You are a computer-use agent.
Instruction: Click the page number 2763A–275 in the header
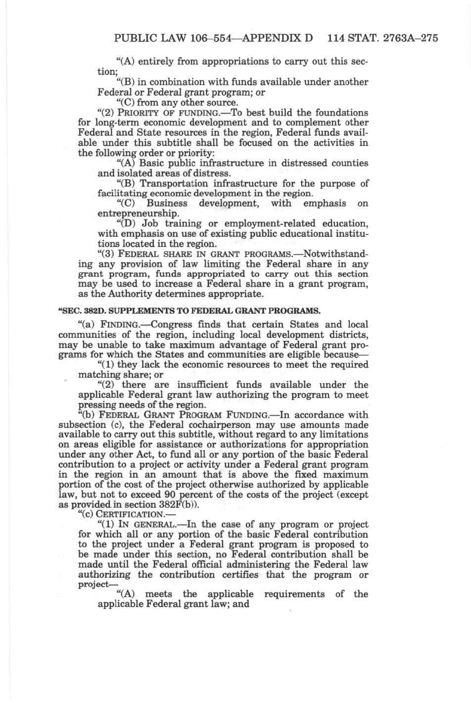pyautogui.click(x=411, y=38)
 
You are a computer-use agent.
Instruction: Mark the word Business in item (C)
pyautogui.click(x=167, y=203)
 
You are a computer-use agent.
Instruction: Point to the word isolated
pyautogui.click(x=132, y=174)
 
